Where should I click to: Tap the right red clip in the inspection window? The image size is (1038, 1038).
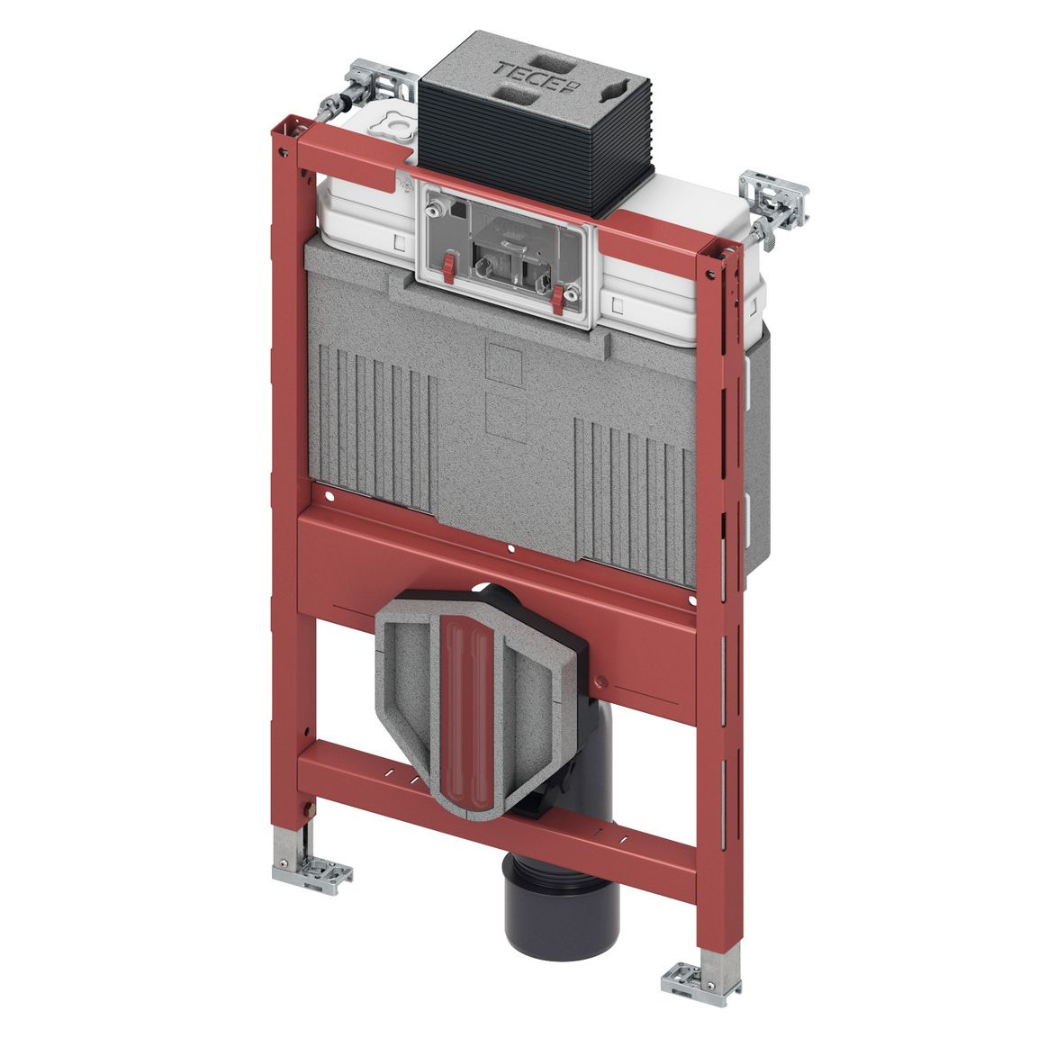point(559,298)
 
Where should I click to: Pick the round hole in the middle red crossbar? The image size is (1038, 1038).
point(510,549)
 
